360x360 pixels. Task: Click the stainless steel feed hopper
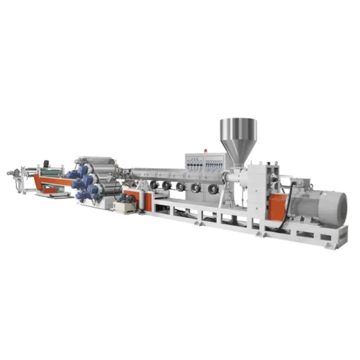tap(238, 133)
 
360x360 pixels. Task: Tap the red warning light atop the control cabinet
tap(207, 151)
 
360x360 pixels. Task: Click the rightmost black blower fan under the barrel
tap(213, 189)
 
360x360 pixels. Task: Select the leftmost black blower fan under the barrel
tap(154, 184)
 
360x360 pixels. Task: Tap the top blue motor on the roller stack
tap(82, 170)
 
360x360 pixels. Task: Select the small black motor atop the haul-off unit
tap(45, 163)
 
